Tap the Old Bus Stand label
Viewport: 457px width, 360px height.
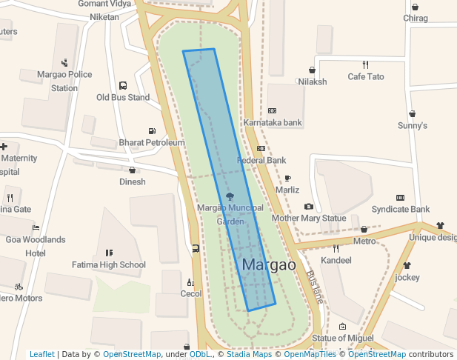click(x=123, y=97)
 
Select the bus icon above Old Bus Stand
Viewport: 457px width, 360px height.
click(x=123, y=86)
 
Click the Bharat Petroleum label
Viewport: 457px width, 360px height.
click(x=152, y=142)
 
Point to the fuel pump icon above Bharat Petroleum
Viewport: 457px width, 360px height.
click(x=152, y=131)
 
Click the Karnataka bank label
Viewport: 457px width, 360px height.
click(x=273, y=122)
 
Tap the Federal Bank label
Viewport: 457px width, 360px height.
click(x=261, y=160)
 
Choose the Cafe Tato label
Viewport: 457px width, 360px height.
click(x=366, y=76)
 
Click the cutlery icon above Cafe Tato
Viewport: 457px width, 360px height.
click(x=366, y=65)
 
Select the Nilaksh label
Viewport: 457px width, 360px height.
click(x=313, y=81)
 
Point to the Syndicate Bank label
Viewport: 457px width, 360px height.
click(x=401, y=210)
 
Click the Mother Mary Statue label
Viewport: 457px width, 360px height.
click(x=309, y=219)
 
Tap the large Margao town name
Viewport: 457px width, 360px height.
click(x=269, y=265)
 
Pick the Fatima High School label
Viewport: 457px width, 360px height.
click(x=109, y=264)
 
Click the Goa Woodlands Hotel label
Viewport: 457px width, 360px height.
click(x=36, y=246)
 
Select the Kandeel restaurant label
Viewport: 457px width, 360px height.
click(x=336, y=261)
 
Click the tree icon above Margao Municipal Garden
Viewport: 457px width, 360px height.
click(x=230, y=197)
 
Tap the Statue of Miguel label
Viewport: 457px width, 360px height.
click(x=343, y=338)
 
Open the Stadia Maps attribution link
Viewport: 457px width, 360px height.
click(x=247, y=354)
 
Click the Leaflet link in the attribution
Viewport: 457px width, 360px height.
click(x=42, y=354)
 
